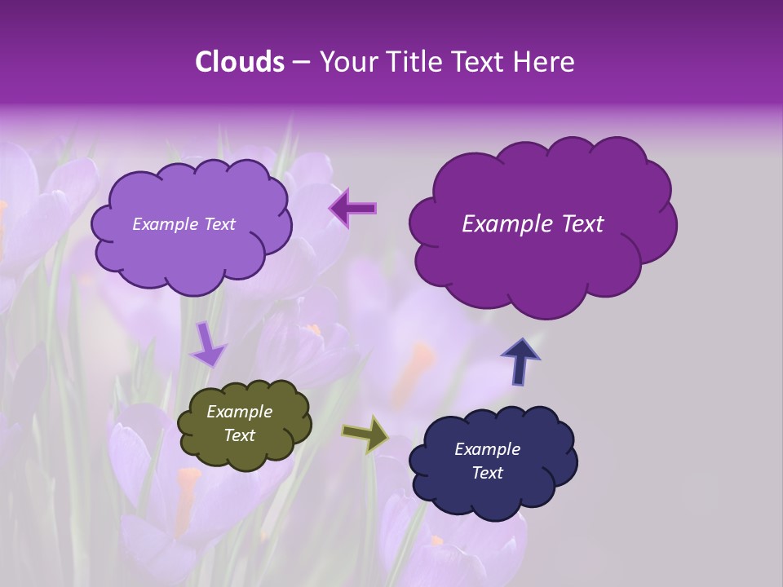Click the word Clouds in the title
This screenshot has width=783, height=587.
(x=240, y=62)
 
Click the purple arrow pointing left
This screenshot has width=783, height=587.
(x=353, y=208)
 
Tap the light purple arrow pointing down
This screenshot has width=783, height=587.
(x=208, y=344)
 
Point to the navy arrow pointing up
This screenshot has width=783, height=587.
(x=520, y=361)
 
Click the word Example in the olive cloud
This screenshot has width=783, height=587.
(x=239, y=412)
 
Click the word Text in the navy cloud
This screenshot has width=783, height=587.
(x=487, y=473)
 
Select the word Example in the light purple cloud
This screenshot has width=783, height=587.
(x=166, y=224)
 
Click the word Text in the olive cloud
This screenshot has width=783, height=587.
(x=239, y=435)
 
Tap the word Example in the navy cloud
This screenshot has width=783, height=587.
(x=487, y=449)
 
